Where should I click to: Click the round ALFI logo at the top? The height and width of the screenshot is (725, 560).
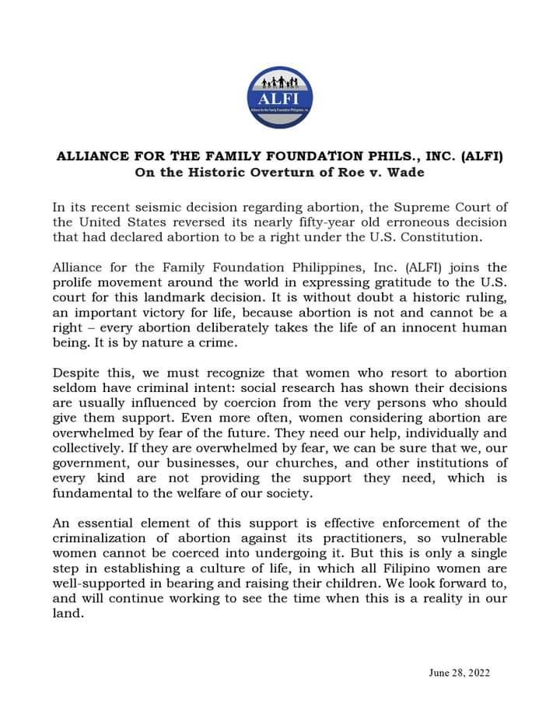279,98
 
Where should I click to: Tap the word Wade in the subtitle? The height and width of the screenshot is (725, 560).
408,172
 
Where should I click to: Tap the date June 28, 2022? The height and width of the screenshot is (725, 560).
459,673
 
